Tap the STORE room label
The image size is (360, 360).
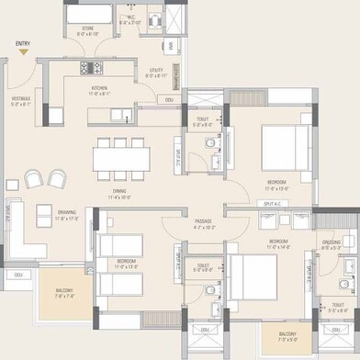click(88, 28)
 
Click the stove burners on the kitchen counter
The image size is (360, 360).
click(89, 68)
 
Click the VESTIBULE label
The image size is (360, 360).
click(20, 99)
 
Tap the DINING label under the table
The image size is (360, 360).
click(120, 193)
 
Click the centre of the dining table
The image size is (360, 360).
click(119, 158)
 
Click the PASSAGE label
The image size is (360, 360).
click(203, 220)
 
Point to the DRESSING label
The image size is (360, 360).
click(331, 242)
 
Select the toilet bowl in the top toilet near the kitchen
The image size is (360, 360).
click(209, 145)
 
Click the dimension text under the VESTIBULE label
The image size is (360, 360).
click(20, 105)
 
